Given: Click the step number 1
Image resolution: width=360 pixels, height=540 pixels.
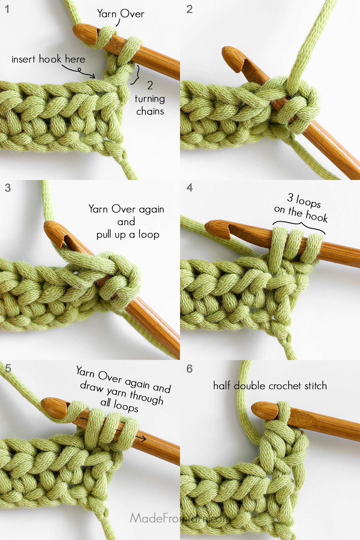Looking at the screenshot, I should pyautogui.click(x=7, y=9).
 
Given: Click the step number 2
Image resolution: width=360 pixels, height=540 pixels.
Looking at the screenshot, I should pyautogui.click(x=189, y=9).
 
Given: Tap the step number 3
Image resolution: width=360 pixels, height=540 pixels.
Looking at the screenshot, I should pyautogui.click(x=8, y=188).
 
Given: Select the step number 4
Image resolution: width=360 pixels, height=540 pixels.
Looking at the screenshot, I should pyautogui.click(x=190, y=188).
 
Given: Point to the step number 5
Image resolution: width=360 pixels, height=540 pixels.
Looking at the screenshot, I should pyautogui.click(x=8, y=368).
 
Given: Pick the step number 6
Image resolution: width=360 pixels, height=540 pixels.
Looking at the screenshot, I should pyautogui.click(x=190, y=369).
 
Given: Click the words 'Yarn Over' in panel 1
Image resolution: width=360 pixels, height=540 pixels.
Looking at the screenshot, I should pyautogui.click(x=121, y=14).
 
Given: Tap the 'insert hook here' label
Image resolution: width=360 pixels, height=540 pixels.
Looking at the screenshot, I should pyautogui.click(x=48, y=59).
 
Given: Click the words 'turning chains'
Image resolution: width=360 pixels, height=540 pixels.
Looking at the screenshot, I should pyautogui.click(x=150, y=105).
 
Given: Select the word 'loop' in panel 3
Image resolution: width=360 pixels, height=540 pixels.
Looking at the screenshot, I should pyautogui.click(x=149, y=235).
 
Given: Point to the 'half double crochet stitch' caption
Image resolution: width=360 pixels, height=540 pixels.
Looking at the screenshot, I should pyautogui.click(x=270, y=385).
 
